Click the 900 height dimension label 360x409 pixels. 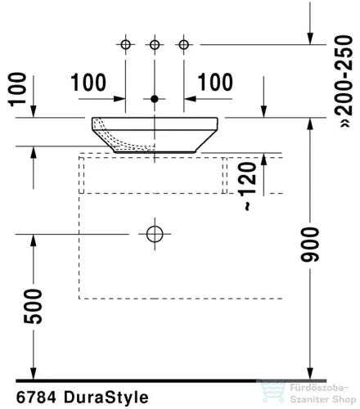coord(310,245)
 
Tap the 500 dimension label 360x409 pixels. coord(34,307)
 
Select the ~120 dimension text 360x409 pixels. coord(247,187)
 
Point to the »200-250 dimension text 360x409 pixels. coord(344,81)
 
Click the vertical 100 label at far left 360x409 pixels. coord(17,89)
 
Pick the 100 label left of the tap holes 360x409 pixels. coord(88,83)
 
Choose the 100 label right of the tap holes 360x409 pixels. coord(215,82)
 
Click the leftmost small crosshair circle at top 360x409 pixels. coord(125,44)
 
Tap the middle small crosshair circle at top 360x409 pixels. coord(155,44)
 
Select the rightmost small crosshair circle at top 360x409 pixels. coord(184,44)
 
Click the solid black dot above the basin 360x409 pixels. coord(155,99)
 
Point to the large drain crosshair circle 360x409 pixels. coord(155,234)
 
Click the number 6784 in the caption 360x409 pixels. coord(36,398)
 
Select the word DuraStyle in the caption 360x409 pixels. coord(106,398)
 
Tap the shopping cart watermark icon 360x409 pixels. coord(272,392)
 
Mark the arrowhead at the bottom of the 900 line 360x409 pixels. coord(310,373)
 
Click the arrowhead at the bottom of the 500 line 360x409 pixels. coord(34,373)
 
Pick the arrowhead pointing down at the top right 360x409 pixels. coord(310,38)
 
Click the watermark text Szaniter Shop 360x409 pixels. coord(323,399)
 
